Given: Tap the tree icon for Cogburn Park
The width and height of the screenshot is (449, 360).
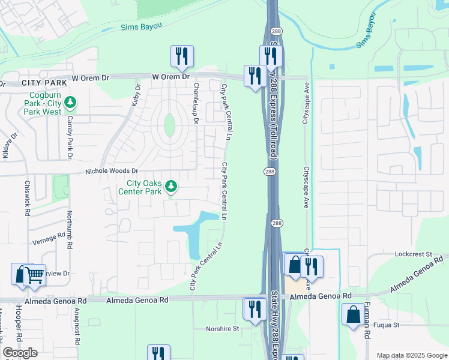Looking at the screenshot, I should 71,103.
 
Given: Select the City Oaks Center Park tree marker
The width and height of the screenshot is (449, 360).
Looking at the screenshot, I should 172,187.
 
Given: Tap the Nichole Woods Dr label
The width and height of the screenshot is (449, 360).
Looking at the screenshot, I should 112,171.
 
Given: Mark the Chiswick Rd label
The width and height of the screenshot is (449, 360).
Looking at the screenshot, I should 27,199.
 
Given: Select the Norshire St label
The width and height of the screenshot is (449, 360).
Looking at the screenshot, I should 222,328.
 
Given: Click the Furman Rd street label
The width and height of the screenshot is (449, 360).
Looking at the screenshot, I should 367,328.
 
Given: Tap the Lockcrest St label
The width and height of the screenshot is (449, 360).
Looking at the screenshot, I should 414,254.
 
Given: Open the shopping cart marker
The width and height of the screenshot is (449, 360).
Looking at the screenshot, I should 35,275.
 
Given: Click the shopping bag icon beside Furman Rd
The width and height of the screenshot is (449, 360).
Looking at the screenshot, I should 352,314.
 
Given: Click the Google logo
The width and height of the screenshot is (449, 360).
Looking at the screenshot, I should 20,353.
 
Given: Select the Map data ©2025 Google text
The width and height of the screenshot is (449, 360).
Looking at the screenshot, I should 412,355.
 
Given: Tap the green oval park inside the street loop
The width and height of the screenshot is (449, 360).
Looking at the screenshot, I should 170,125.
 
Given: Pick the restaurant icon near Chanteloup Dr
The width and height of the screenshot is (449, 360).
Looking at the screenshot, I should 181,56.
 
